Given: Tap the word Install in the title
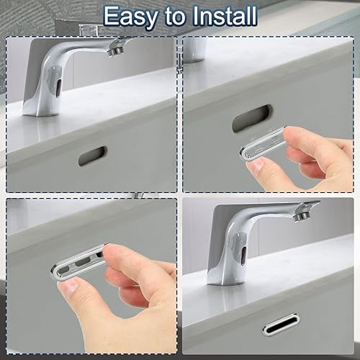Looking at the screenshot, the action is pos(225,16).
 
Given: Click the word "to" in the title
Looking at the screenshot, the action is pos(175,17).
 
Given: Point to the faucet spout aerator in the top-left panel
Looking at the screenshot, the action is pos(116,51).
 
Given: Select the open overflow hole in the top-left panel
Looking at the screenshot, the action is pos(92,156).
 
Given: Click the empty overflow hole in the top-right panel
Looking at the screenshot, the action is pos(253,118).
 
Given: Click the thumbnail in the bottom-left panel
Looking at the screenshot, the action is pos(69,288).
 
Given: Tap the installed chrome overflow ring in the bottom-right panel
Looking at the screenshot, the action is pos(281,323).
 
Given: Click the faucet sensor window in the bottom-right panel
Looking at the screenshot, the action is pos(244,255).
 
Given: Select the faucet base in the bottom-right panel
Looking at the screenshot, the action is pos(225,279).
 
